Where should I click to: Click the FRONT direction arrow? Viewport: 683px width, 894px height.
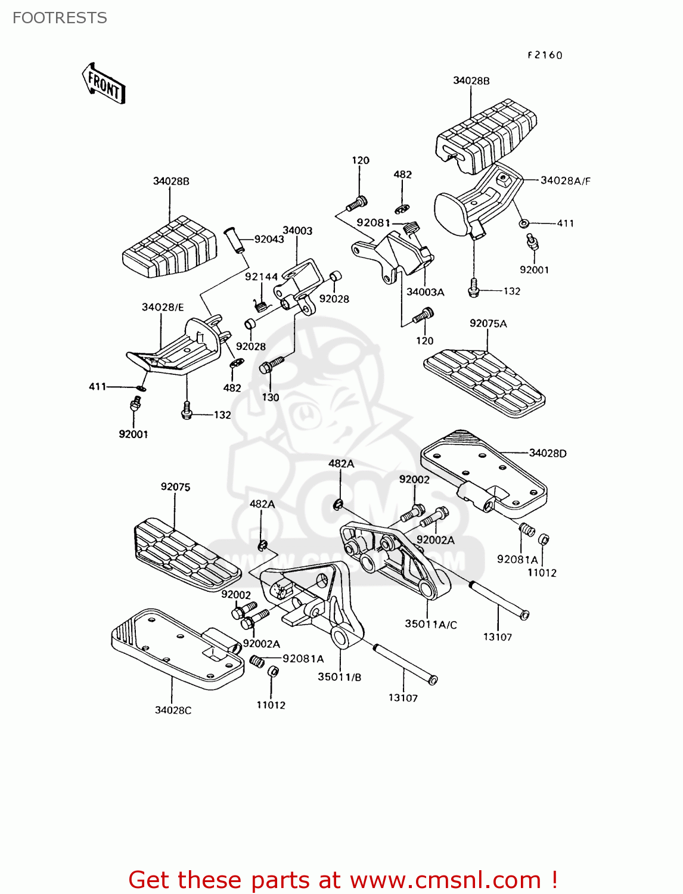tap(103, 84)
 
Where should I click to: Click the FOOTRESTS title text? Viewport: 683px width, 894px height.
tap(60, 18)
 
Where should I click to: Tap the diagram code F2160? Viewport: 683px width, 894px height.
tap(545, 55)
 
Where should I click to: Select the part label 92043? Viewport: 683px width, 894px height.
tap(269, 239)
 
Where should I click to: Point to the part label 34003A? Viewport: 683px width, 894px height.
tap(425, 292)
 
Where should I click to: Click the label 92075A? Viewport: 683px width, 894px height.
tap(488, 324)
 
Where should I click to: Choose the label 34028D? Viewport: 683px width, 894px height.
tap(548, 453)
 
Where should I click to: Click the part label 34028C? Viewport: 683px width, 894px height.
tap(173, 710)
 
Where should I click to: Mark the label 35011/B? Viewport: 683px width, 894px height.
tap(339, 676)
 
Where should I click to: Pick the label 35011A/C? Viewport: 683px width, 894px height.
tap(430, 624)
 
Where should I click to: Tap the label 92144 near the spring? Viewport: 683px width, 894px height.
tap(261, 277)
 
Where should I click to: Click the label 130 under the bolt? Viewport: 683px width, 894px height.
tap(270, 397)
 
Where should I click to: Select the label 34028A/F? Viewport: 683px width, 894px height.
tap(565, 180)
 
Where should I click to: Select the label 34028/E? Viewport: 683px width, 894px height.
tap(162, 307)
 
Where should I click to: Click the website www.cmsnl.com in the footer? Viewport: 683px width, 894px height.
tap(445, 880)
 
